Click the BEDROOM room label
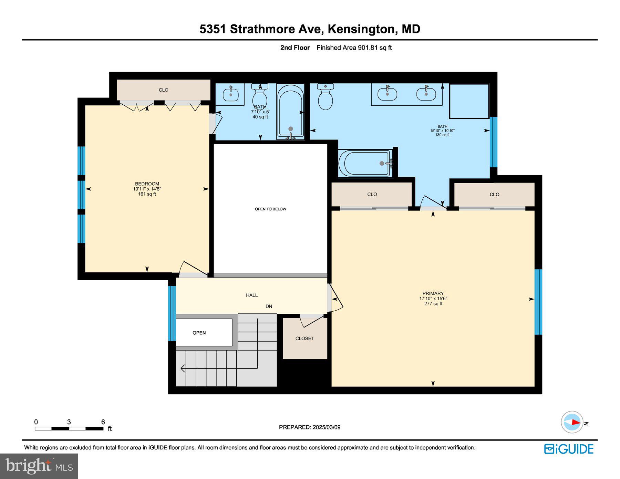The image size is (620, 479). (x=147, y=184)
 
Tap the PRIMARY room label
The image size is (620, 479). (x=433, y=294)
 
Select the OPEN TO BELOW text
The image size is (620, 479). (x=270, y=209)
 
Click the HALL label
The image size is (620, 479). (x=252, y=295)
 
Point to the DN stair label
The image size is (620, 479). (x=269, y=306)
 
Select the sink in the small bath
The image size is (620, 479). (x=230, y=93)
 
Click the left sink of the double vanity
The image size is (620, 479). (x=387, y=93)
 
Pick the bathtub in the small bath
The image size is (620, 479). (x=291, y=112)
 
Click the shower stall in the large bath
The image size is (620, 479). (x=469, y=101)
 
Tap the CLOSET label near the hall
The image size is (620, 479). (x=304, y=339)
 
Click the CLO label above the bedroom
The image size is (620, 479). (x=163, y=90)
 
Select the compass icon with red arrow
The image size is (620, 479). (x=572, y=422)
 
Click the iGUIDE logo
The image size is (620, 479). (x=569, y=449)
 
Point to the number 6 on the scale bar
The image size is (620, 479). (x=103, y=422)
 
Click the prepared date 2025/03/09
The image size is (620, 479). (x=327, y=427)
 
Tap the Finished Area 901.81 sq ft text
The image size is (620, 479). (x=354, y=48)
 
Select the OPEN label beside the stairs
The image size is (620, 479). (x=199, y=333)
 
